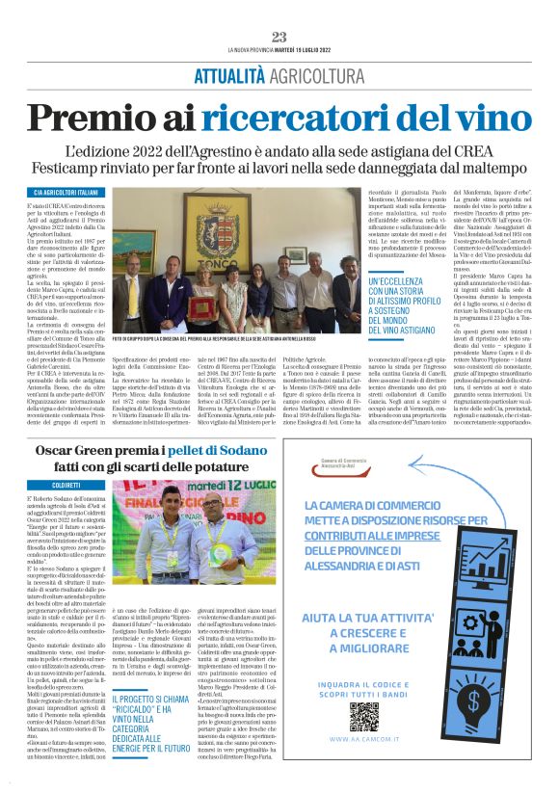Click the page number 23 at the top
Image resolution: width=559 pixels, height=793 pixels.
pos(279,37)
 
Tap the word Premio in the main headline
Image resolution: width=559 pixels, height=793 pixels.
pos(84,118)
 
